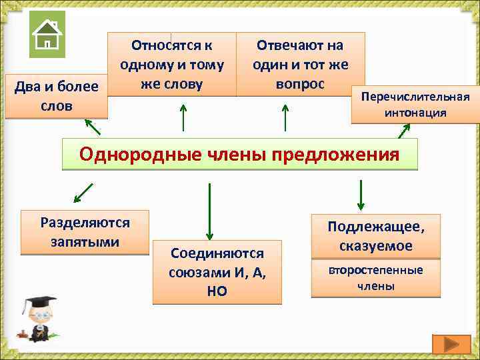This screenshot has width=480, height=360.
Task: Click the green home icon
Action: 47,35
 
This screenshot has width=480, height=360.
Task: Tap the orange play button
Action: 451,344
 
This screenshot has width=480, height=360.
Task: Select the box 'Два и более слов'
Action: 56,96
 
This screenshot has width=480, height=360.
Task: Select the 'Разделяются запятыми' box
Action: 85,232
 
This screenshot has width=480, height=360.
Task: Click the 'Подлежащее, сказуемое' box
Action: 375,236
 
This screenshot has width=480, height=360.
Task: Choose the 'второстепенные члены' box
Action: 375,278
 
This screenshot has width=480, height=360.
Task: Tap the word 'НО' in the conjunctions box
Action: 217,291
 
